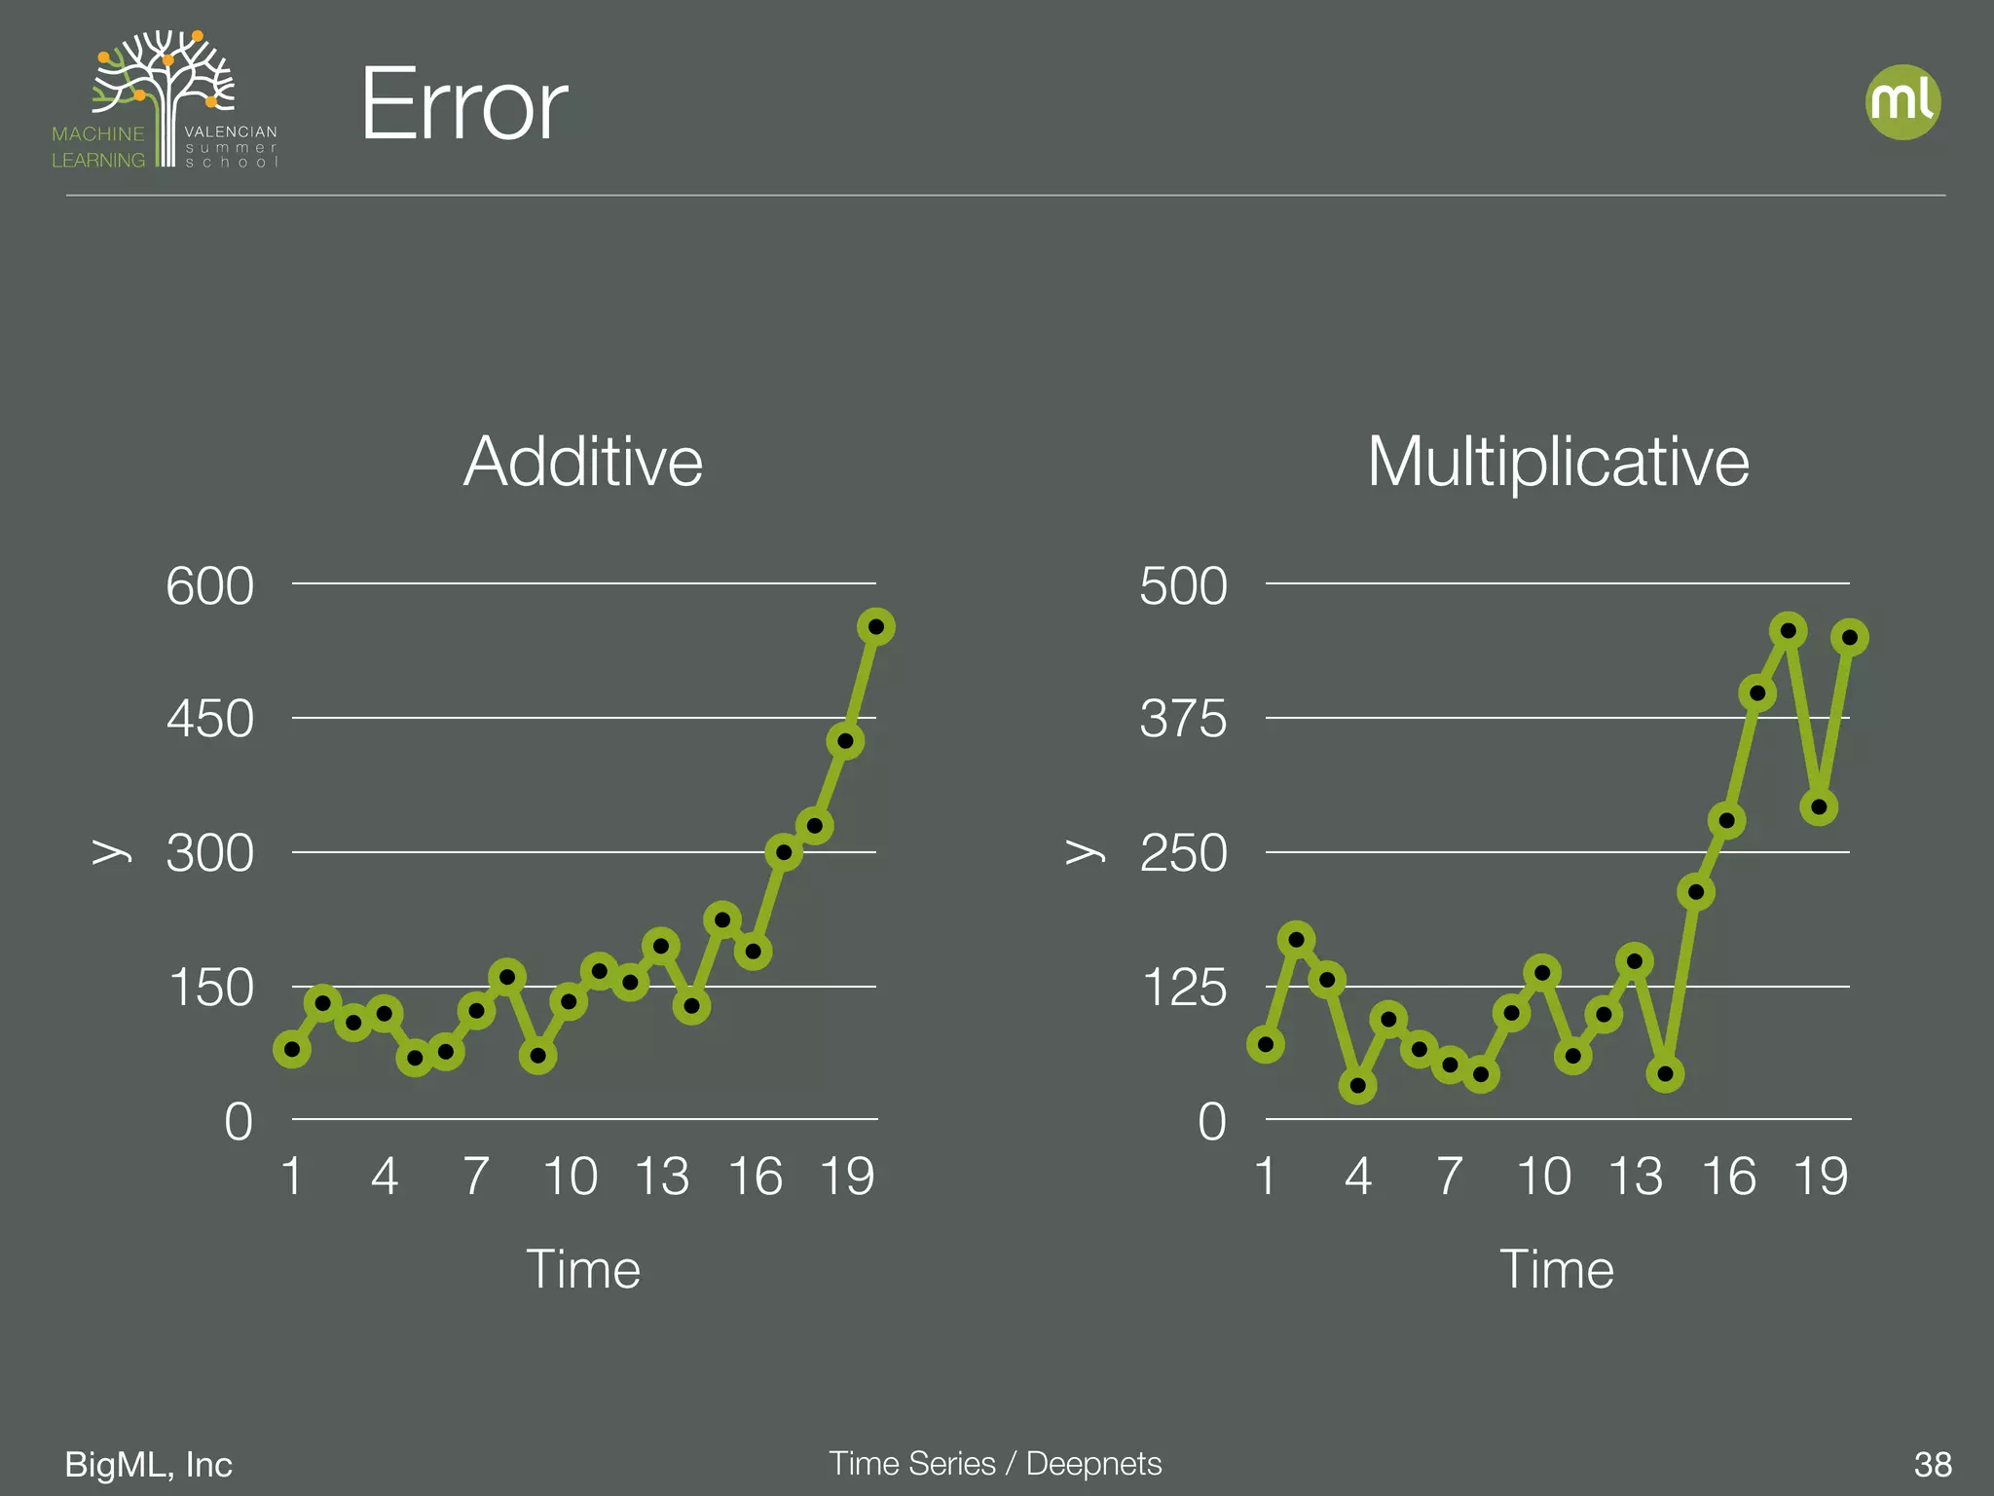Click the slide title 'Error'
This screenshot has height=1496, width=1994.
pos(463,105)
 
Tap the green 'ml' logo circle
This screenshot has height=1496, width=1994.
pos(1902,102)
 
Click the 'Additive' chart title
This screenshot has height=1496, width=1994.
pos(582,461)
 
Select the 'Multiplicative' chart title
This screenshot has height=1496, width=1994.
pos(1558,461)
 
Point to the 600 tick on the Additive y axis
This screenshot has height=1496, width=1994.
pos(209,586)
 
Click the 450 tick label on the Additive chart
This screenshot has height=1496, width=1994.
pos(209,720)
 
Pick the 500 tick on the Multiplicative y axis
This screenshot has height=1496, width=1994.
pos(1183,586)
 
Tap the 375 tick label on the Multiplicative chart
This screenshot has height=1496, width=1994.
pos(1183,720)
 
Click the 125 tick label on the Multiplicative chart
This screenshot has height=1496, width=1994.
pos(1185,988)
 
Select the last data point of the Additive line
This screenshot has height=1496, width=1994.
pos(876,627)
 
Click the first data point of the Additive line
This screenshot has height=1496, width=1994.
pos(292,1049)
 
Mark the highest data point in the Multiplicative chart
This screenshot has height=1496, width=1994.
pos(1788,631)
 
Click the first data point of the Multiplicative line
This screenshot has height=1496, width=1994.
pos(1266,1045)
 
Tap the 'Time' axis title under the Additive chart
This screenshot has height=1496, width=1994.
pos(583,1269)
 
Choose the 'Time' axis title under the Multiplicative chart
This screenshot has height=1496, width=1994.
pos(1557,1269)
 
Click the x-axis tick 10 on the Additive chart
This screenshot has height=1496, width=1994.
pos(570,1177)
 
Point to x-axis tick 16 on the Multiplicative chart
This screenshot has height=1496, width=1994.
pos(1728,1177)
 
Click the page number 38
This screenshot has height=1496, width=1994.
pos(1933,1464)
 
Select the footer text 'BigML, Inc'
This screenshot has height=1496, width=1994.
pos(148,1464)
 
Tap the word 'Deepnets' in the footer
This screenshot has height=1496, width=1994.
pos(1093,1463)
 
